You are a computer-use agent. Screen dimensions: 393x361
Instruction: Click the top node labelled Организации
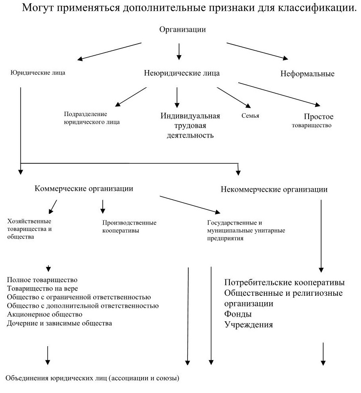[182, 29]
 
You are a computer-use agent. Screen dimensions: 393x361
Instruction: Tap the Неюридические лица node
[181, 73]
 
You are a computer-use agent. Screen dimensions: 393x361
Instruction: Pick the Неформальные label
[307, 74]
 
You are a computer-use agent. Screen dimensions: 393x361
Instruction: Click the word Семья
[251, 116]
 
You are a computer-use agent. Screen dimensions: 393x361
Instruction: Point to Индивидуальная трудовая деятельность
[191, 126]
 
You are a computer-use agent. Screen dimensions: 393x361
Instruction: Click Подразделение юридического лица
[92, 118]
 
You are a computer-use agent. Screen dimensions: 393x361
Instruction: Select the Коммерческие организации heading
[84, 188]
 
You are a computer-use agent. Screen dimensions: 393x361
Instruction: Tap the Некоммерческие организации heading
[274, 190]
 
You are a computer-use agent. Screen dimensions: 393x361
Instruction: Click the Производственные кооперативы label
[129, 227]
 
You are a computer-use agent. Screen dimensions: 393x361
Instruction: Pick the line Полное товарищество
[42, 279]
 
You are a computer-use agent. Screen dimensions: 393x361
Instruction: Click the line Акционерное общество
[45, 314]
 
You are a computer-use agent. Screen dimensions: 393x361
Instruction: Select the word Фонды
[238, 314]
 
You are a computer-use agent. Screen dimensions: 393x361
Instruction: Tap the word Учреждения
[249, 325]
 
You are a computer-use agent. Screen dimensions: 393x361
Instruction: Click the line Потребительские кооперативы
[284, 283]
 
